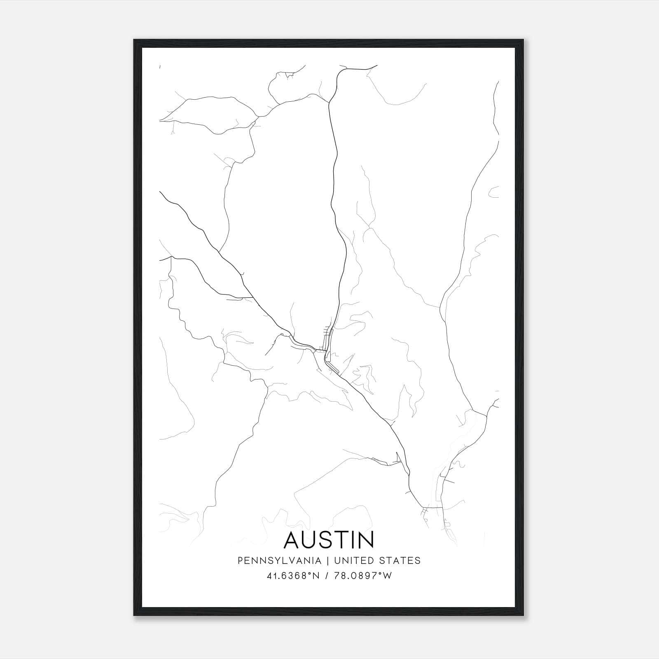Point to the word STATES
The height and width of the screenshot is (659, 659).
click(x=400, y=561)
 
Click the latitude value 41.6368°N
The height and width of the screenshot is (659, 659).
click(x=293, y=576)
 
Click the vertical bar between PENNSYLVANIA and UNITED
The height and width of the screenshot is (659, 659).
click(x=328, y=561)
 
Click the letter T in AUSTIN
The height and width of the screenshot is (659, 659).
click(x=343, y=540)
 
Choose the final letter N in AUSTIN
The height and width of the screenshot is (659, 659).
click(x=367, y=540)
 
